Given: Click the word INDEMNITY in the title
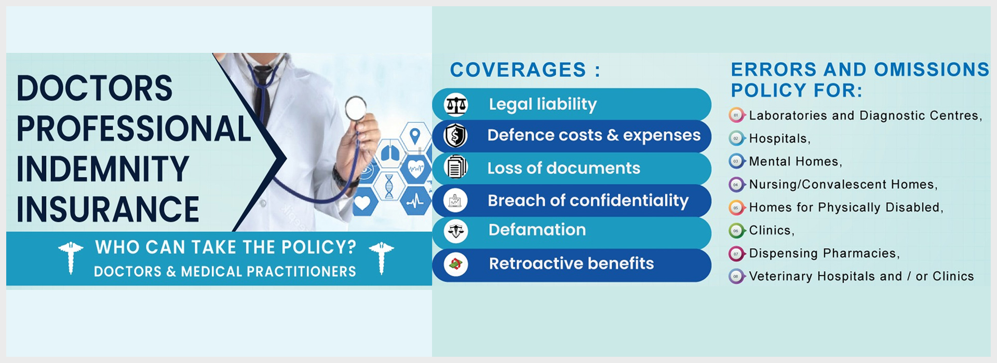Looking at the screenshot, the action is [x=103, y=169].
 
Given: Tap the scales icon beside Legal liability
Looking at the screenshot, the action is [x=456, y=105].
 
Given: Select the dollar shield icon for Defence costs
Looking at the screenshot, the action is [x=455, y=136].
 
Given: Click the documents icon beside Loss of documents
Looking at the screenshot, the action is [x=455, y=167].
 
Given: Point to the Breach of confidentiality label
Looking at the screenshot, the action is [x=588, y=201].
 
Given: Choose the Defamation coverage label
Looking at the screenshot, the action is [x=537, y=230].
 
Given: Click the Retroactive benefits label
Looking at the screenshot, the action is [x=571, y=263].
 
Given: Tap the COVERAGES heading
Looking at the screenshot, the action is [x=525, y=70].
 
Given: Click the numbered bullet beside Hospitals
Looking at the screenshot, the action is [x=736, y=138].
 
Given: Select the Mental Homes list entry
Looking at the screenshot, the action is [x=796, y=162].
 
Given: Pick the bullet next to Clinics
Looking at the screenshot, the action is [x=736, y=231].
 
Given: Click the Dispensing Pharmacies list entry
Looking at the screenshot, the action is [x=824, y=254].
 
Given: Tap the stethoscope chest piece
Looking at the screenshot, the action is [x=356, y=108].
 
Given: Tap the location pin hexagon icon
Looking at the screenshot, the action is [x=414, y=137].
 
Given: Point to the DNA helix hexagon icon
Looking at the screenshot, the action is [x=389, y=186].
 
